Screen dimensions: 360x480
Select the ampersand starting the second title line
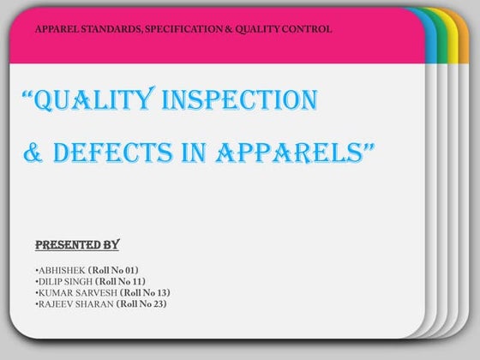pyautogui.click(x=33, y=155)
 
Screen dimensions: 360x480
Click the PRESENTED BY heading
pyautogui.click(x=76, y=245)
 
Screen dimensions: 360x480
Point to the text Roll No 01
pyautogui.click(x=119, y=270)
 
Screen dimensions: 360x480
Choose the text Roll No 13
pyautogui.click(x=145, y=292)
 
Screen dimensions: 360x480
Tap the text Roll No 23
pyautogui.click(x=142, y=303)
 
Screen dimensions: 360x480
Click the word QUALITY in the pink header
pyautogui.click(x=255, y=30)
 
